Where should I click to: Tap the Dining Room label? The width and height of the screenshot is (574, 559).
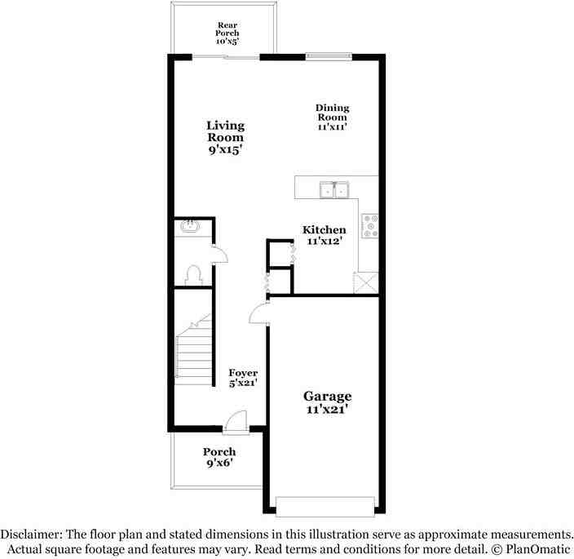(332, 117)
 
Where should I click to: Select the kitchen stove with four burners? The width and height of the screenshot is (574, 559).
(370, 225)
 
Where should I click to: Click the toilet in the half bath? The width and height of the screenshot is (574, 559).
(194, 274)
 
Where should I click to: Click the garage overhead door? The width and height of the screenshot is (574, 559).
(327, 507)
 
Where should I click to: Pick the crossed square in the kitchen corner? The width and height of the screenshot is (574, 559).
(365, 283)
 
